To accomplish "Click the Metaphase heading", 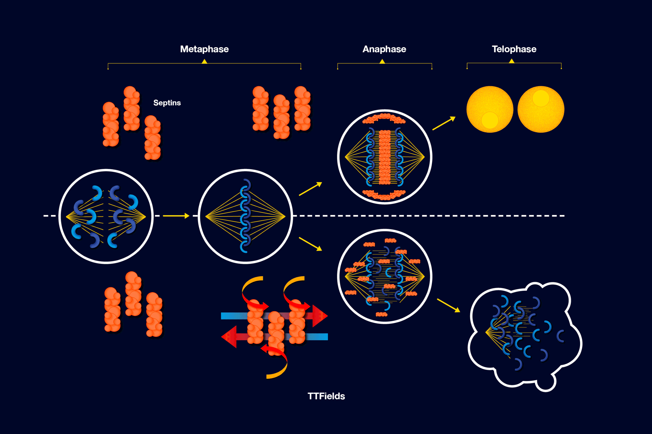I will pyautogui.click(x=204, y=49).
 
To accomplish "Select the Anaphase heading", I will pyautogui.click(x=384, y=49).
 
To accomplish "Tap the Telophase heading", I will pyautogui.click(x=514, y=49).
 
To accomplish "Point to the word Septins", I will pyautogui.click(x=167, y=103).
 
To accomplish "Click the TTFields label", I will pyautogui.click(x=326, y=396).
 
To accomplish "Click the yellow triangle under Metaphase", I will pyautogui.click(x=204, y=61).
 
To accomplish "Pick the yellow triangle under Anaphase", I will pyautogui.click(x=382, y=61).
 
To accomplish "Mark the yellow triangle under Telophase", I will pyautogui.click(x=511, y=61).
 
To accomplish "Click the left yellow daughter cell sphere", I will pyautogui.click(x=490, y=109).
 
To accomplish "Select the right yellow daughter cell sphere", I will pyautogui.click(x=541, y=109).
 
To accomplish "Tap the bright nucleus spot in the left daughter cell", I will pyautogui.click(x=490, y=120).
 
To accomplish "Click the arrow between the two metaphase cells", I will pyautogui.click(x=176, y=216).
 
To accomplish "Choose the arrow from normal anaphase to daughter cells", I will pyautogui.click(x=444, y=123).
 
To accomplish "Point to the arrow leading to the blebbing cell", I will pyautogui.click(x=448, y=305).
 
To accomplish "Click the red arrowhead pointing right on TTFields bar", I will pyautogui.click(x=320, y=316).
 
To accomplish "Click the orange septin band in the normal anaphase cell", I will pyautogui.click(x=384, y=157).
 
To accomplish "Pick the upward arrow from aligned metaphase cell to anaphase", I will pyautogui.click(x=310, y=189).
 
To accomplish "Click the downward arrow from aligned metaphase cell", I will pyautogui.click(x=310, y=244).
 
